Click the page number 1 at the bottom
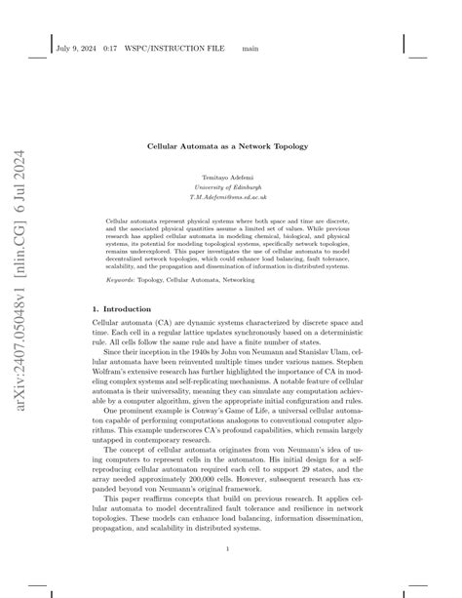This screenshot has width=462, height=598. point(231,548)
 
